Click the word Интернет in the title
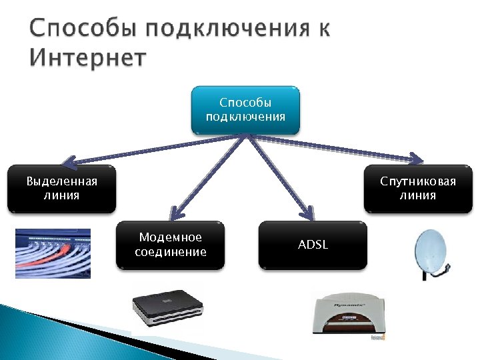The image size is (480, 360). point(87,58)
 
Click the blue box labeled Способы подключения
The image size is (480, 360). point(246,109)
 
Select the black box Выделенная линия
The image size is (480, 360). point(62,189)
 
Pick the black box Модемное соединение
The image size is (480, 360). point(171,245)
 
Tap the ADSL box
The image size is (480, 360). point(313,245)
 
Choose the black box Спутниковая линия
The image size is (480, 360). point(418,189)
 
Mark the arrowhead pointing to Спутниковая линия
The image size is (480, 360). point(415,158)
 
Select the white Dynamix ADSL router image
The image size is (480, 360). point(347,317)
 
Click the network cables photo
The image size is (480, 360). point(53,253)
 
